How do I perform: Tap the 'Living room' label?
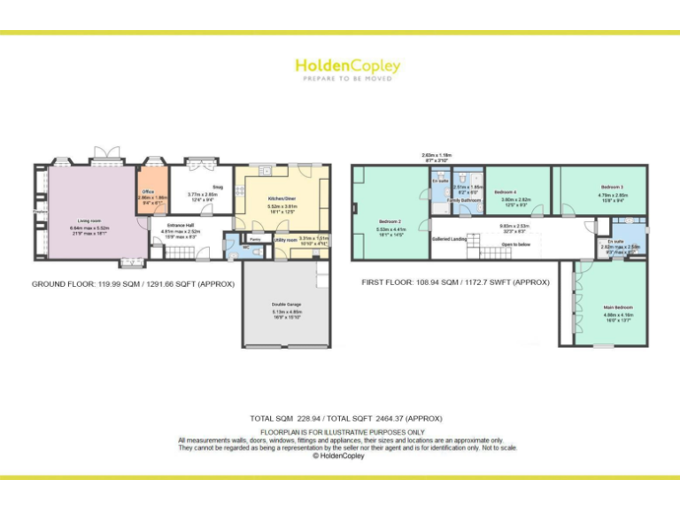(x=89, y=221)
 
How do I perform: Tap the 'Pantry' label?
(x=254, y=239)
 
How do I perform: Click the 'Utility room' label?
(x=285, y=239)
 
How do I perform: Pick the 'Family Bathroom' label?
(x=463, y=200)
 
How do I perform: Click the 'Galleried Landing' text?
(x=450, y=238)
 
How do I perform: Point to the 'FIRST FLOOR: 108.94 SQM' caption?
(x=455, y=282)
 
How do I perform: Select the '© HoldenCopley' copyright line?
(x=340, y=456)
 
